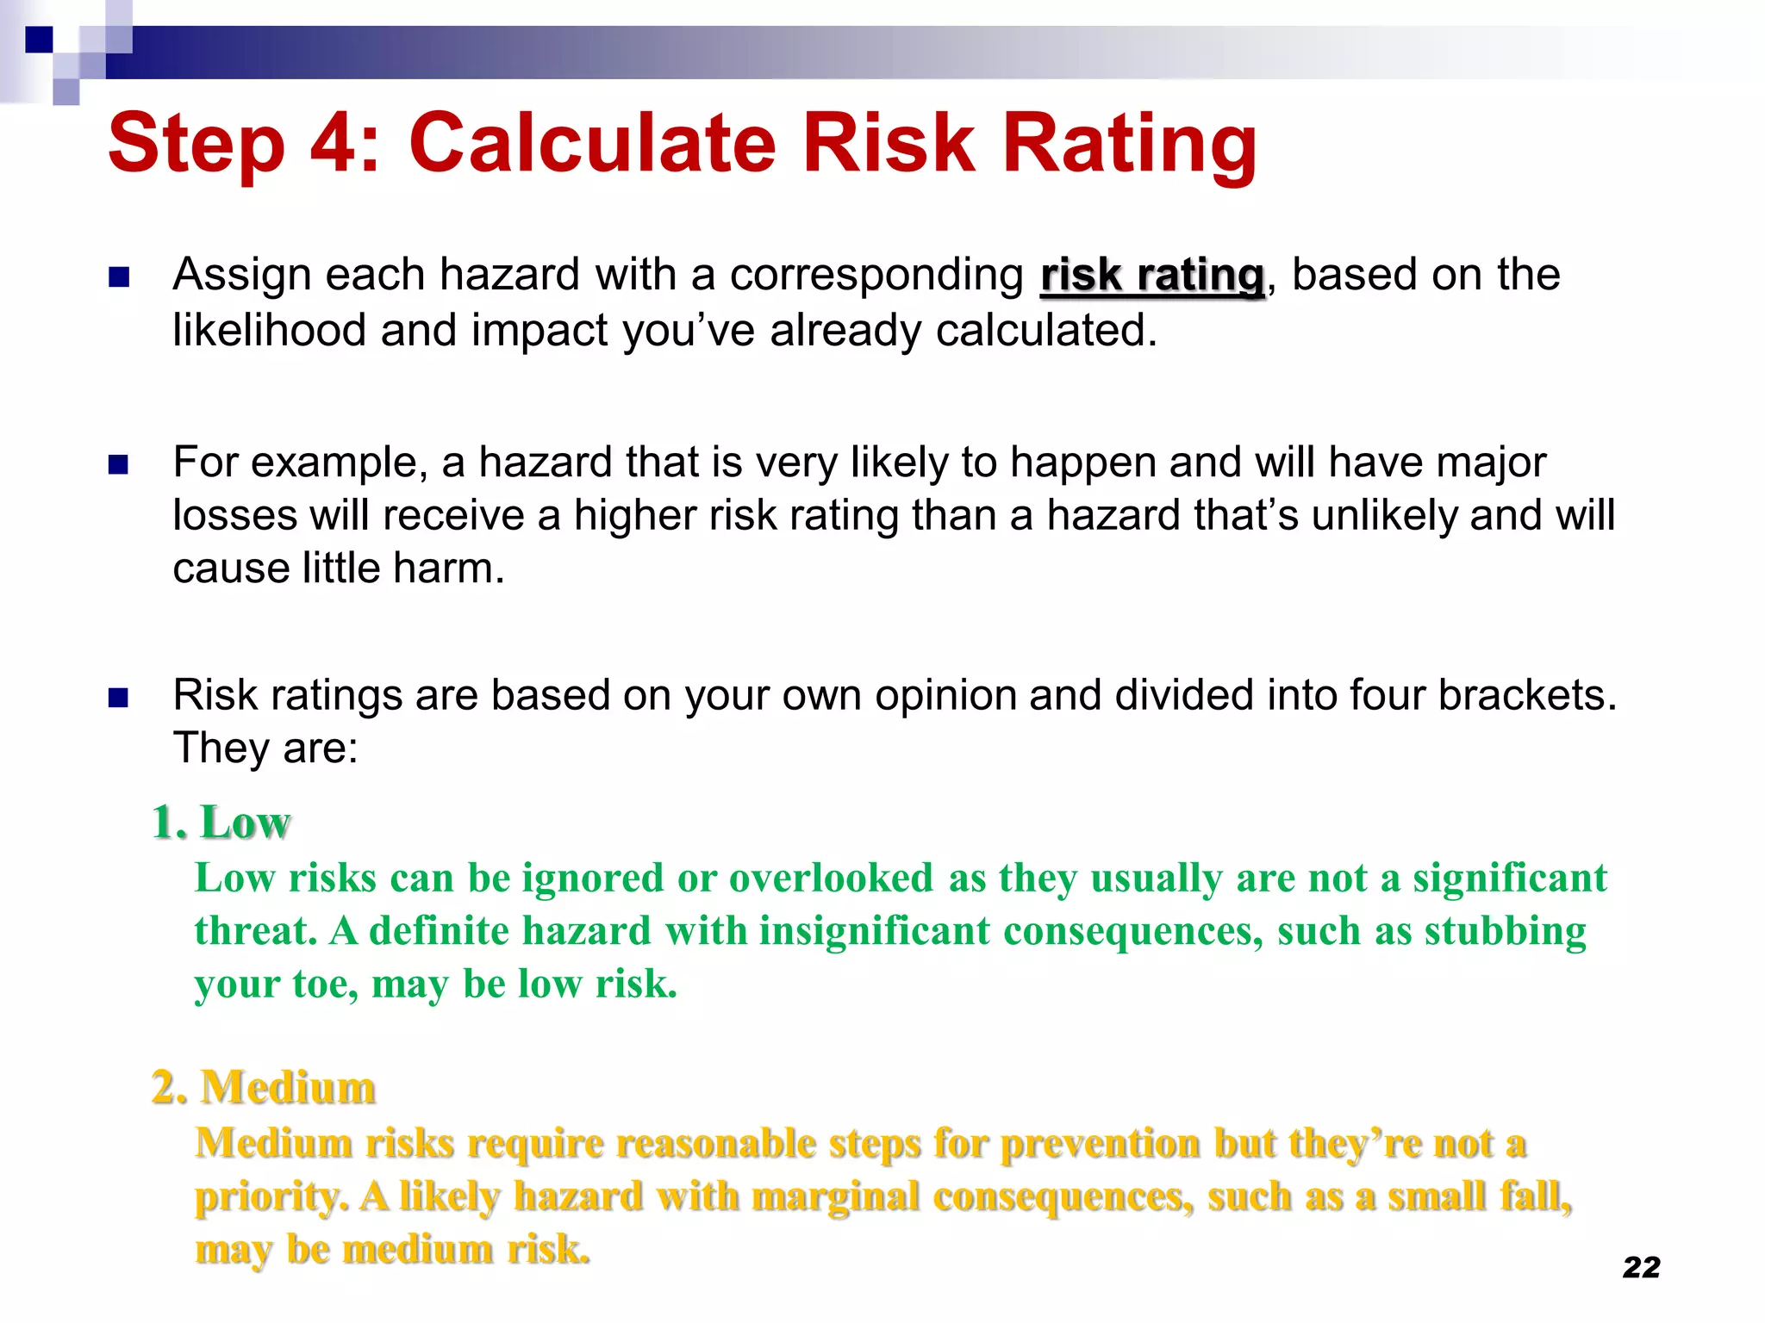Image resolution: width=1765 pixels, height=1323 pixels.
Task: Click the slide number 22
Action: pyautogui.click(x=1641, y=1267)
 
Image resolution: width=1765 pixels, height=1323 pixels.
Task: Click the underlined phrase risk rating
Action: pyautogui.click(x=1152, y=276)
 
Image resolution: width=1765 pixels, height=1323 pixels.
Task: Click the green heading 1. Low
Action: pyautogui.click(x=221, y=822)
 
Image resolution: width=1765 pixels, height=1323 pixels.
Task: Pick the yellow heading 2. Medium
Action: pyautogui.click(x=263, y=1087)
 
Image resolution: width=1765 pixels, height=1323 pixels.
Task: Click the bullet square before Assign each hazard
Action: pyautogui.click(x=119, y=277)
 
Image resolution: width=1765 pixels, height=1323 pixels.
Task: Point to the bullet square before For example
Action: pyautogui.click(x=119, y=465)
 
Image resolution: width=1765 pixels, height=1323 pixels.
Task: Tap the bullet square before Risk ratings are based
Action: pyautogui.click(x=119, y=698)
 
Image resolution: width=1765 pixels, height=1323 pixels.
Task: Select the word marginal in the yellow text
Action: pyautogui.click(x=835, y=1196)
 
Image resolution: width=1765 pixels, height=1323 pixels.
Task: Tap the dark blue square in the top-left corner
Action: pyautogui.click(x=39, y=40)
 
